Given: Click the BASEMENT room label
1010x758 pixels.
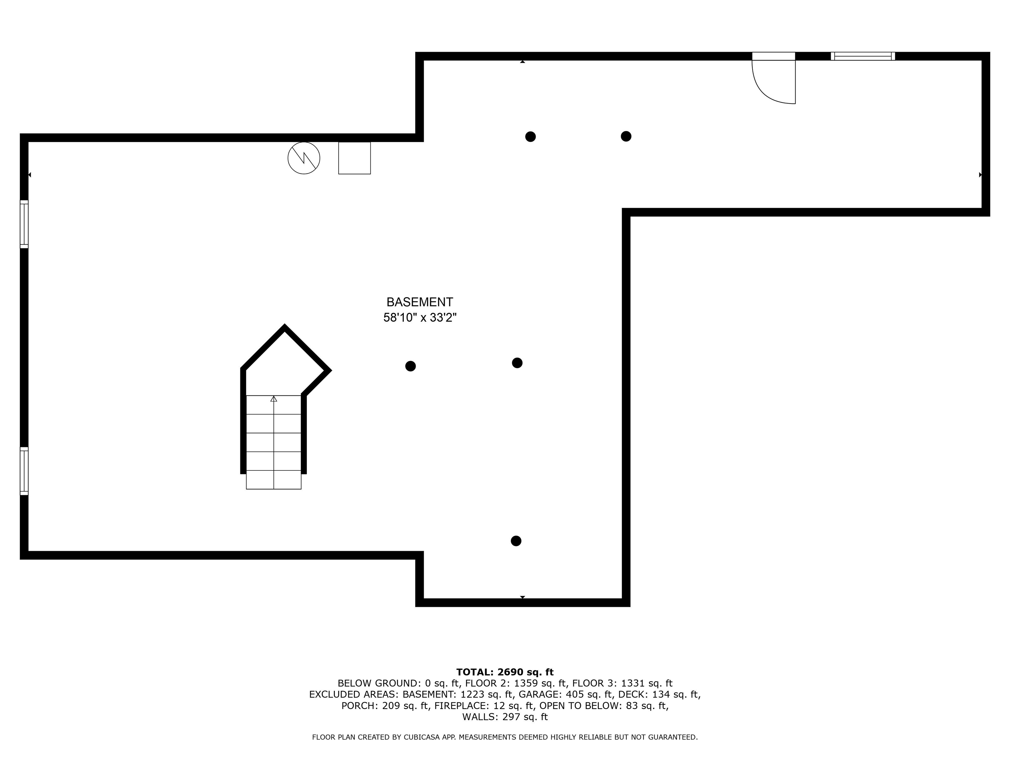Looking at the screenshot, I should coord(419,302).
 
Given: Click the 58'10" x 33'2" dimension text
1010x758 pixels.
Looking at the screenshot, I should coord(420,317).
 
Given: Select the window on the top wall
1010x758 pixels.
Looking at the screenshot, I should coord(862,56).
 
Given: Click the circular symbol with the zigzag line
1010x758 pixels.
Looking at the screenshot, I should coord(304,158).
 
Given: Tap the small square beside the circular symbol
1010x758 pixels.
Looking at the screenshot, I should coord(354,158).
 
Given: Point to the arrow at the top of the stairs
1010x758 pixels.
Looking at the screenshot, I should coord(274,399).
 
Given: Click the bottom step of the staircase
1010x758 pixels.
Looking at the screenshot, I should coord(274,480).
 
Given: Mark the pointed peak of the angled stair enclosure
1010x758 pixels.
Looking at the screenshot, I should coord(284,327).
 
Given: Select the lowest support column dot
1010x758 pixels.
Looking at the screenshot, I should coord(516,541).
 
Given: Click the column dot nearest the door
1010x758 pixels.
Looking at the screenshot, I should coord(626,136).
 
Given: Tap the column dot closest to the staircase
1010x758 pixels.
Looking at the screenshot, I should coord(411,366).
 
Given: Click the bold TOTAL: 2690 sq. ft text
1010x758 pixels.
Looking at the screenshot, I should coord(505,672).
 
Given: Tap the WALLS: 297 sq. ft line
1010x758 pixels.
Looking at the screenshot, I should coord(505,717).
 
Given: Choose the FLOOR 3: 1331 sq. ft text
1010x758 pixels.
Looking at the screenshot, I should coord(622,684).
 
